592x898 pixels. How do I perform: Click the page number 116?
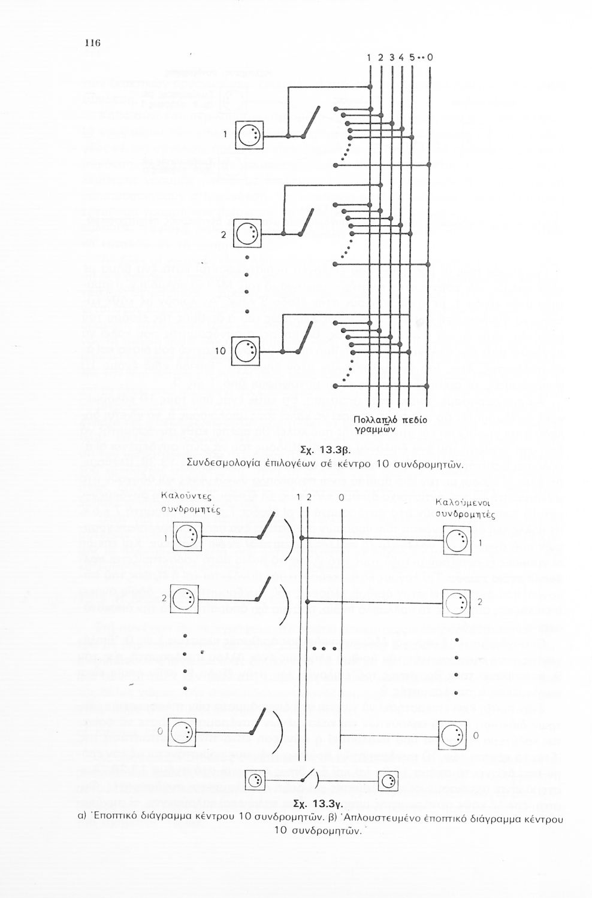[x=92, y=43]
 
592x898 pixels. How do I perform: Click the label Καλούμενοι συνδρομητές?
[x=460, y=508]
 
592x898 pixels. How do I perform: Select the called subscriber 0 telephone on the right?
[x=454, y=735]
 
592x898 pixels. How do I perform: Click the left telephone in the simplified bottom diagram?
[x=255, y=780]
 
